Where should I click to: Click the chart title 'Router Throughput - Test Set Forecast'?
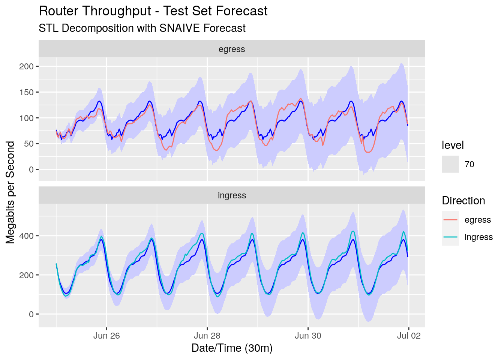153,11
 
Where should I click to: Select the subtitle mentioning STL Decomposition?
142,28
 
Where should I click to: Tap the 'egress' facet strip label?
232,49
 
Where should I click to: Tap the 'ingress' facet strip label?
232,195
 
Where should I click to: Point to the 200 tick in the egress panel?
26,66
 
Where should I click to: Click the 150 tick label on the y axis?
26,92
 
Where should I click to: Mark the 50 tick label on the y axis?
28,144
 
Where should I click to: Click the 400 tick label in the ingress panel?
26,236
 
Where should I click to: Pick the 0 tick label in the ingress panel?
31,314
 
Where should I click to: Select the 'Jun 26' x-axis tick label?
106,336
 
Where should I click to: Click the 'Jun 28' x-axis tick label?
207,336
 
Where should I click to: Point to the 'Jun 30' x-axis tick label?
308,336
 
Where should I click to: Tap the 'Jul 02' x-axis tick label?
409,336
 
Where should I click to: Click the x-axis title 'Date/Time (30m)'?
232,348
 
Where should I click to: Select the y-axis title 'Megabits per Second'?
10,192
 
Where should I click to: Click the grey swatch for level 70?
450,164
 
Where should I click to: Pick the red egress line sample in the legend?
450,220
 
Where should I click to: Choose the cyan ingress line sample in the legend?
450,237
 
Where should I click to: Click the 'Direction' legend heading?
463,201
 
